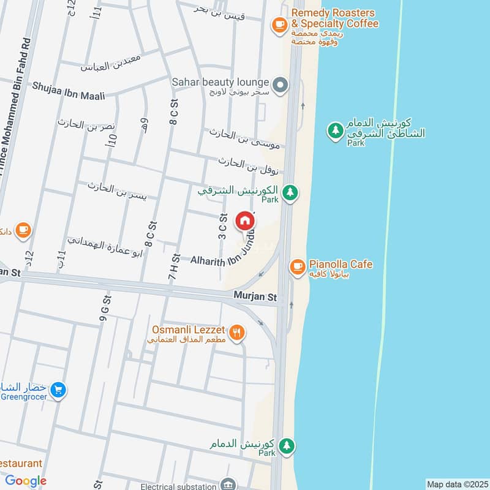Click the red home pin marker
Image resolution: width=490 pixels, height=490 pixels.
(244, 221)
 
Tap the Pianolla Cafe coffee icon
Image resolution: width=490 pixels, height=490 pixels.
(298, 266)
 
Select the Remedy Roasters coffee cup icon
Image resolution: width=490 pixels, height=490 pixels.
(280, 24)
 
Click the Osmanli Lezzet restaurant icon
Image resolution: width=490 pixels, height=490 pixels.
(238, 334)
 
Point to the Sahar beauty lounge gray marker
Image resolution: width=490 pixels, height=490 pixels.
(280, 85)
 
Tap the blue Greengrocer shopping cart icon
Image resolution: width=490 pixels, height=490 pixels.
(58, 390)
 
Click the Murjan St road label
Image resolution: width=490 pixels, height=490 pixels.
(255, 296)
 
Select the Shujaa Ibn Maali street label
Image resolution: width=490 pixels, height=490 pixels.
(69, 91)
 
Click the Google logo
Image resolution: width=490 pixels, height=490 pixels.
(26, 481)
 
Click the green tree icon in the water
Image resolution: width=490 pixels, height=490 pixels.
(335, 130)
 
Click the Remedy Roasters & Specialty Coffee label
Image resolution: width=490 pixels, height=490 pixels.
(334, 18)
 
